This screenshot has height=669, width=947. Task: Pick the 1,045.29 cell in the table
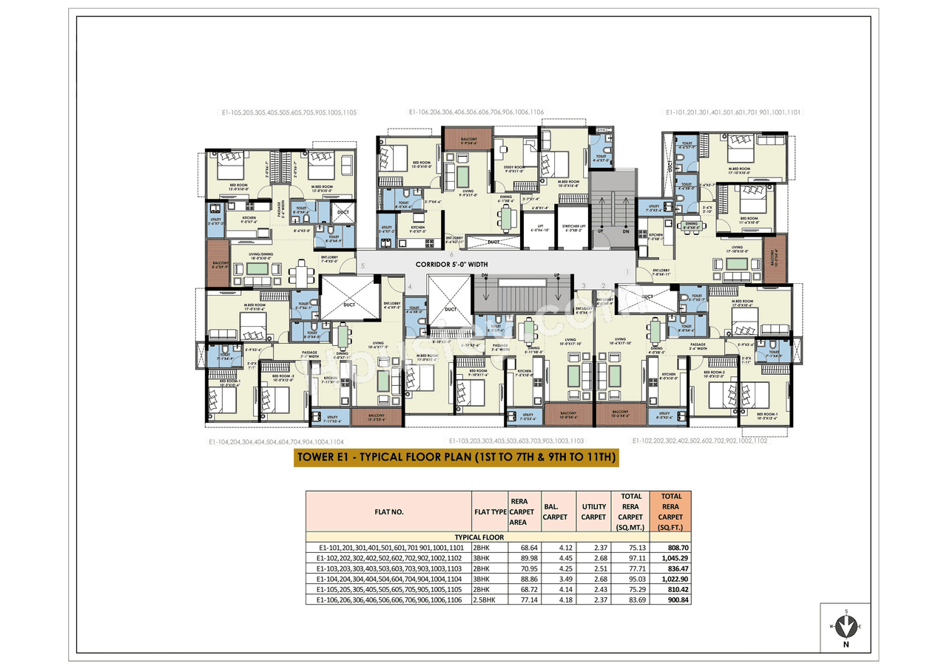pos(670,557)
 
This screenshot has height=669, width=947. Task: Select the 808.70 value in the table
pos(670,547)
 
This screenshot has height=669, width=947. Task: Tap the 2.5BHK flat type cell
pos(489,600)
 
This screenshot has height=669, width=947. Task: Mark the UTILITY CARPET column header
pos(593,512)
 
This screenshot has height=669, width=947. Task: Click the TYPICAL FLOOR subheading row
pos(479,537)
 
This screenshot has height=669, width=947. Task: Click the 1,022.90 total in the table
pos(670,579)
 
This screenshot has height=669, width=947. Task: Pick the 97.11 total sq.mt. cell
pos(630,557)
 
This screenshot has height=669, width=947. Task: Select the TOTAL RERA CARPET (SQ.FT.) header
pos(670,512)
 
